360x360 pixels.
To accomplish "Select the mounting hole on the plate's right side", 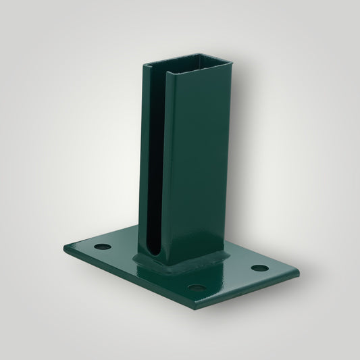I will point(257,268).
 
